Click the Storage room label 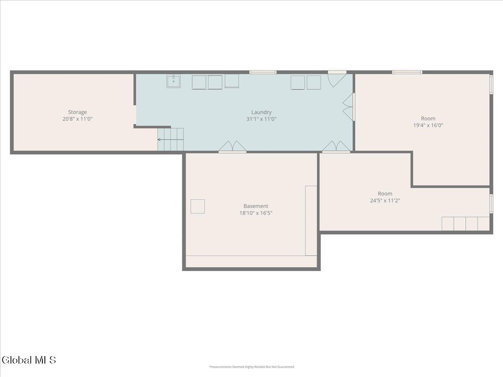pyautogui.click(x=78, y=112)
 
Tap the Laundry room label pyautogui.click(x=261, y=112)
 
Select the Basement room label pyautogui.click(x=256, y=206)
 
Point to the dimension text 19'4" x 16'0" pyautogui.click(x=428, y=125)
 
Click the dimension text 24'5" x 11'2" pyautogui.click(x=385, y=201)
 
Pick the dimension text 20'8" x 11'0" pyautogui.click(x=78, y=119)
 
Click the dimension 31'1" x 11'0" pyautogui.click(x=261, y=119)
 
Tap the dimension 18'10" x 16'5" pyautogui.click(x=256, y=213)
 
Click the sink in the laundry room pyautogui.click(x=174, y=81)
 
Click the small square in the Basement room pyautogui.click(x=197, y=207)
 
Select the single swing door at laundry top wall pyautogui.click(x=337, y=79)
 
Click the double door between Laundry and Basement pyautogui.click(x=232, y=147)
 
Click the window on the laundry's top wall pyautogui.click(x=263, y=72)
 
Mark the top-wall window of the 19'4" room pyautogui.click(x=407, y=72)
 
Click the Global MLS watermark pyautogui.click(x=29, y=360)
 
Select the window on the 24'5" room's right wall pyautogui.click(x=491, y=204)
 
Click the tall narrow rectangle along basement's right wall pyautogui.click(x=311, y=221)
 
